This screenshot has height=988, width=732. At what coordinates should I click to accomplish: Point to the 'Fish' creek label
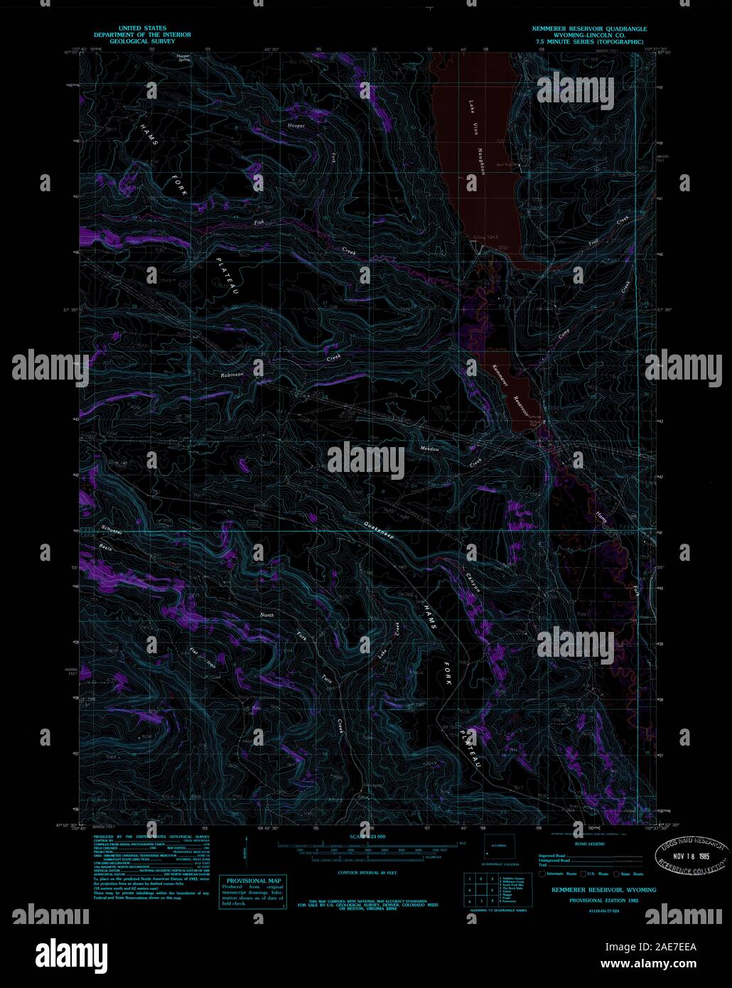[259, 223]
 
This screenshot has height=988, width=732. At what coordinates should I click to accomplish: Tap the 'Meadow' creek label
[430, 449]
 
